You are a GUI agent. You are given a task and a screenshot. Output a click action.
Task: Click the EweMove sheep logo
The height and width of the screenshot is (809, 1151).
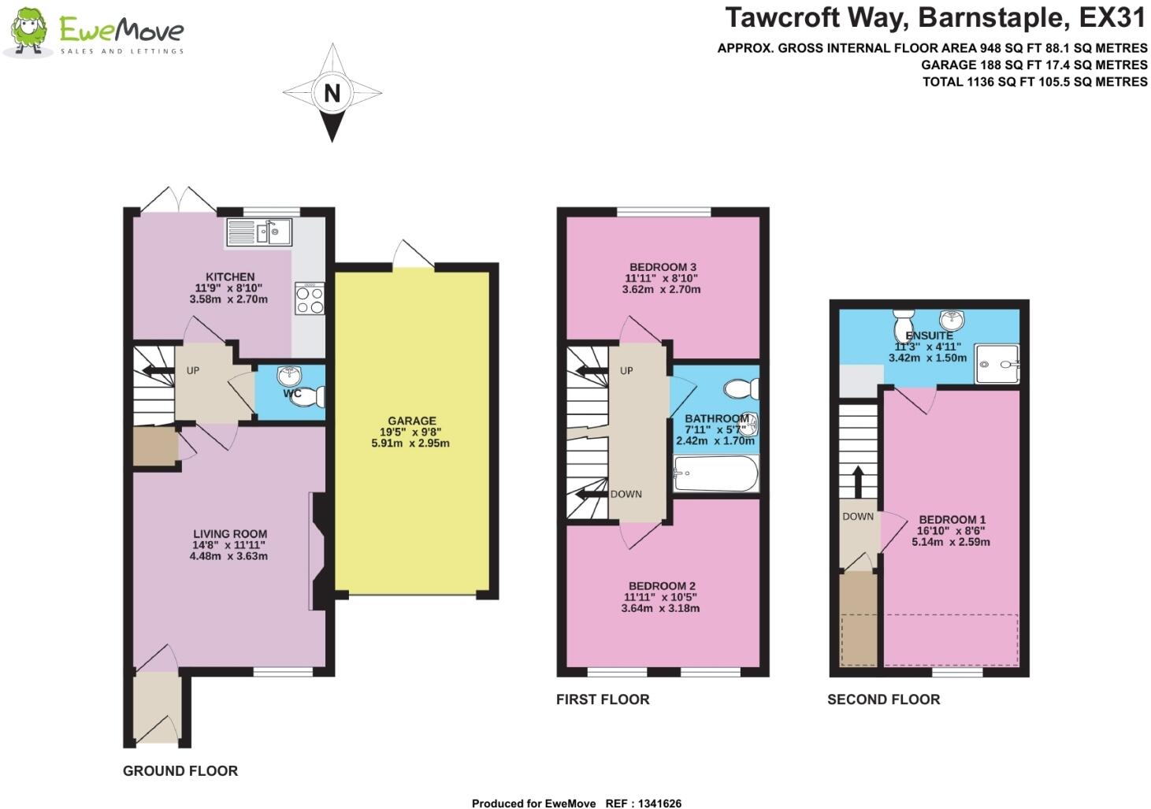(x=29, y=32)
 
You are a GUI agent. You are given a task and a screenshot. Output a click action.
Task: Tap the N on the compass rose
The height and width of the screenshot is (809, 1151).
(x=332, y=93)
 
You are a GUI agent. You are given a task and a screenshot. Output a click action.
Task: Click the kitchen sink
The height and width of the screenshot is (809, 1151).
(x=258, y=232)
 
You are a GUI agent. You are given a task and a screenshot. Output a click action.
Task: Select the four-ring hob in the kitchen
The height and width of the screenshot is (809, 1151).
(x=309, y=299)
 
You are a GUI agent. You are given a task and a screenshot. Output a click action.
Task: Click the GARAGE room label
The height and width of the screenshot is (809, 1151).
(x=411, y=421)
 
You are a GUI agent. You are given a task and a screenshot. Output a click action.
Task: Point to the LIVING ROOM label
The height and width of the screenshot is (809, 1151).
(x=229, y=533)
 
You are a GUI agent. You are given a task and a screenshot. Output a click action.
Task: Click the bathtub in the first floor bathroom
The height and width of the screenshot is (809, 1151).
(x=715, y=474)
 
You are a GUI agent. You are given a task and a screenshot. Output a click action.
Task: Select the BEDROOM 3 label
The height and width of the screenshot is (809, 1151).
(x=663, y=267)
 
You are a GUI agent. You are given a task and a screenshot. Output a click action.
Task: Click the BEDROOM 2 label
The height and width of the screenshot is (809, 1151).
(x=662, y=586)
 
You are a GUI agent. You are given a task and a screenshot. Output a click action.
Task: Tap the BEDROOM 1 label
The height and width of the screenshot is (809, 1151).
(x=952, y=520)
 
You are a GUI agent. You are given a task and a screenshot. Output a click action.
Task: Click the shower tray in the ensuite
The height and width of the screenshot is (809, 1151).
(x=997, y=364)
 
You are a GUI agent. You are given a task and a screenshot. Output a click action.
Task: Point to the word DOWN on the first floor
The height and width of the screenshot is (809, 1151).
(x=626, y=494)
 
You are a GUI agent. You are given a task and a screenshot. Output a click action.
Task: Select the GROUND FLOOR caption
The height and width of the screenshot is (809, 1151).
(x=180, y=771)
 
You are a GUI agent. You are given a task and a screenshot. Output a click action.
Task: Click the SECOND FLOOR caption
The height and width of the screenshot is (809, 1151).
(x=883, y=700)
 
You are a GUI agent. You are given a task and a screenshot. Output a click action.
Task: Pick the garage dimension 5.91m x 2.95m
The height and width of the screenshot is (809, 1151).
(x=410, y=443)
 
